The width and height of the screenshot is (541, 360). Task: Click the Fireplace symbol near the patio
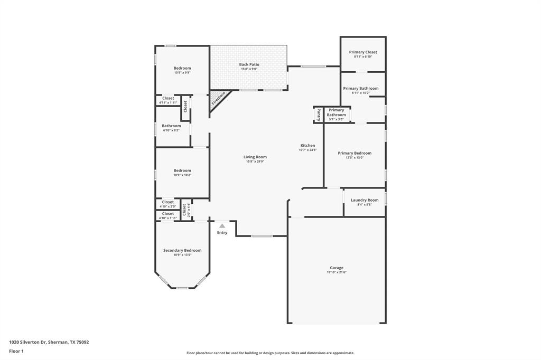[219, 99]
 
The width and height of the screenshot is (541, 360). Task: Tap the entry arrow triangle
[222, 226]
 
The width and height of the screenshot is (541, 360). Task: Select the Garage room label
[337, 268]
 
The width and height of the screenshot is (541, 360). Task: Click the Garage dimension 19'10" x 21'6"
[337, 272]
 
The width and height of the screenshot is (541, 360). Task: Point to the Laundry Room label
[365, 200]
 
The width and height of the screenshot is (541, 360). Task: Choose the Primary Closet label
[363, 52]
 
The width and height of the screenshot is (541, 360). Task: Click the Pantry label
[319, 114]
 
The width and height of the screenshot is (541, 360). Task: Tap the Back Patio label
[249, 64]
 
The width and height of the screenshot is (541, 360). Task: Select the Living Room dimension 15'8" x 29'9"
[255, 162]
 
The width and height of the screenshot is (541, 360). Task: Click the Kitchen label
[307, 145]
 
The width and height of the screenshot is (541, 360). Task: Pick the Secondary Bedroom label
[182, 250]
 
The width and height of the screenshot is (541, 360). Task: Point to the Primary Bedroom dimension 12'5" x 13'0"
[355, 157]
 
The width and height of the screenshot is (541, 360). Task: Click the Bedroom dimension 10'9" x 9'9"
[182, 73]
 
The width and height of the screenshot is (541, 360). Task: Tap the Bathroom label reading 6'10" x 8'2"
[171, 126]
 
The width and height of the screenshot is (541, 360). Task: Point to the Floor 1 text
[16, 351]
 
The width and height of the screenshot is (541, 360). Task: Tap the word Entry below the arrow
[222, 233]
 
